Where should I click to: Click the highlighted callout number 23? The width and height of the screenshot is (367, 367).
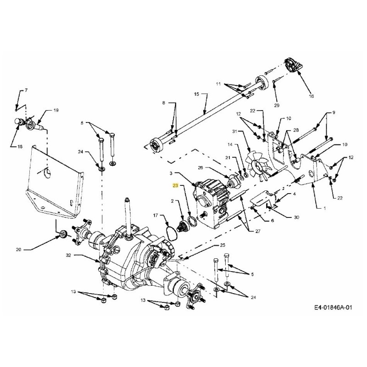coord(175,186)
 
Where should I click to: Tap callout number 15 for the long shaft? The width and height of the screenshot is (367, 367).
coord(196,95)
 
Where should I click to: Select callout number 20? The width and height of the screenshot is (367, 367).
coord(18,250)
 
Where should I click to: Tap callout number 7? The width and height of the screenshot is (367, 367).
coord(26,90)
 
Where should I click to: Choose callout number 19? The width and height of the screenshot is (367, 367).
coord(56,111)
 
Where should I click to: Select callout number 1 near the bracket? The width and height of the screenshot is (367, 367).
coord(325,208)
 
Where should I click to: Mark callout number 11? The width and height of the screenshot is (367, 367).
coord(219,84)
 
